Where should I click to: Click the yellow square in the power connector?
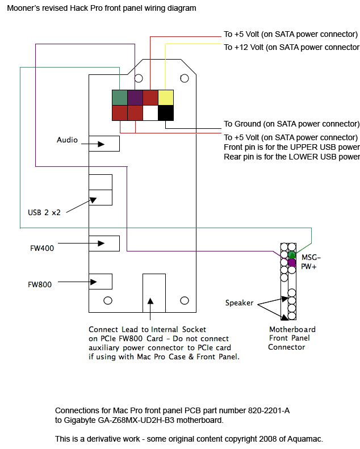165,98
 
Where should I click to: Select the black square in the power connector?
165,113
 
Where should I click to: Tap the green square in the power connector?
120,98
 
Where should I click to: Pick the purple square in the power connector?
135,98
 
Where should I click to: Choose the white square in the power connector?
150,113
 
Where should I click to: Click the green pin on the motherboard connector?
292,254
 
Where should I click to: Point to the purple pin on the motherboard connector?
292,263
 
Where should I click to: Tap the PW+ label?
307,266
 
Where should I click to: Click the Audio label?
67,140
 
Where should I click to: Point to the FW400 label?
42,248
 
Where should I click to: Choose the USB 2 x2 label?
44,212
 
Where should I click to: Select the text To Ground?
242,124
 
